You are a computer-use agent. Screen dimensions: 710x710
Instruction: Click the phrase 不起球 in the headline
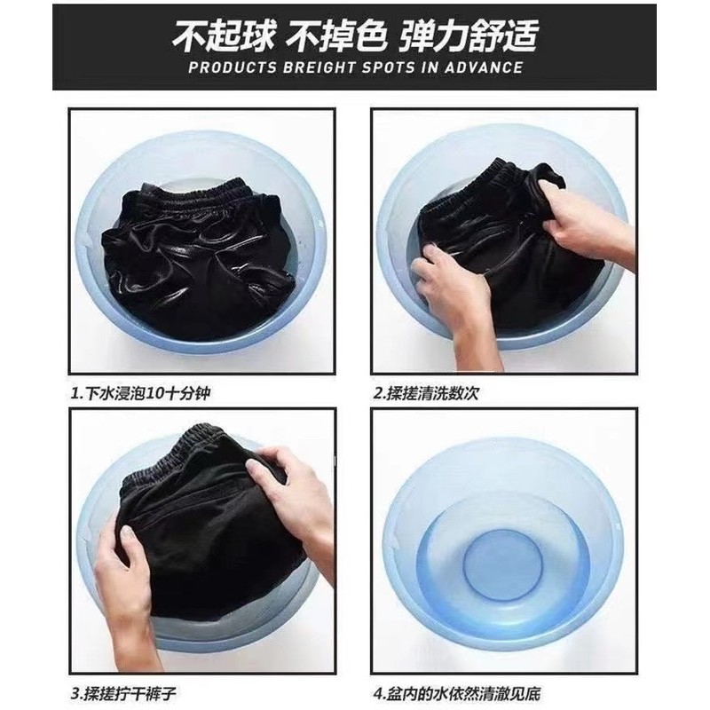point(224,35)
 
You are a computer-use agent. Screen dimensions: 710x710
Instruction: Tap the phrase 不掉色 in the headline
point(338,35)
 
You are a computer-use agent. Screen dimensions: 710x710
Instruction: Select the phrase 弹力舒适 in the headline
point(469,35)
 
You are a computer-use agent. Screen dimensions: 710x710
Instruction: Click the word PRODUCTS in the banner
point(233,67)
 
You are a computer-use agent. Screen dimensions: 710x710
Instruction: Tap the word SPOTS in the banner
point(389,67)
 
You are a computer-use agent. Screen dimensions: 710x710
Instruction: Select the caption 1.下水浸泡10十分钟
point(140,393)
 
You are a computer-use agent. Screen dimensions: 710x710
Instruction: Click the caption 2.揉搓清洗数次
point(426,393)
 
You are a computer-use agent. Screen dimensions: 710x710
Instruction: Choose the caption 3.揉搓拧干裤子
point(123,693)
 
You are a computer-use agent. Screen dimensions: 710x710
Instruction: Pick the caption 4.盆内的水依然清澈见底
point(457,693)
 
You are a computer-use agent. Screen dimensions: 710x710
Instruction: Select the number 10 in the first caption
point(157,393)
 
